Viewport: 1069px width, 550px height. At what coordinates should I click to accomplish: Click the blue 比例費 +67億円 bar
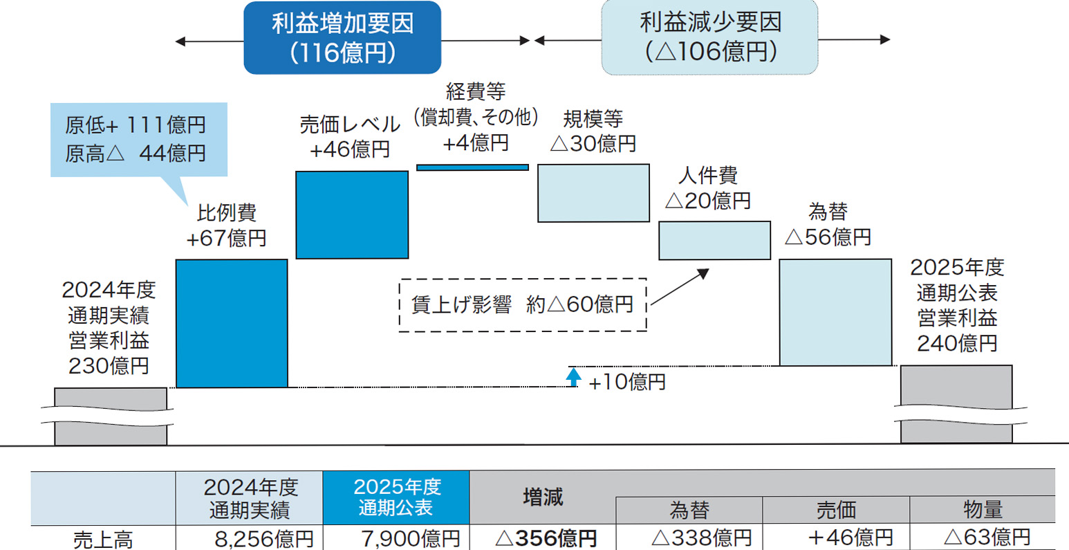coord(232,323)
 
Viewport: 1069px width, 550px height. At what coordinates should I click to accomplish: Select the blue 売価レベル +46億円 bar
coord(352,215)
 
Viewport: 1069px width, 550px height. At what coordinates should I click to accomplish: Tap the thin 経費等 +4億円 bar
coord(472,167)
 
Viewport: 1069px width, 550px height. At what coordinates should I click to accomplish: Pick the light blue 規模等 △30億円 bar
coord(593,193)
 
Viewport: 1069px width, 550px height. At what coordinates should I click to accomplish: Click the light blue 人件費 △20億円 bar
coord(714,240)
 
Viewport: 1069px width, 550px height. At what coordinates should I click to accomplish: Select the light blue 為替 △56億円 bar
coord(835,312)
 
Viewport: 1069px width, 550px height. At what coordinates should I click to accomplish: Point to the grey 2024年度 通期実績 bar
coord(111,416)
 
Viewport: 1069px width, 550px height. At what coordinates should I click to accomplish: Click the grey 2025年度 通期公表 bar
coord(956,404)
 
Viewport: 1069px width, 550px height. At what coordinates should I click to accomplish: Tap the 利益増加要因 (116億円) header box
coord(342,38)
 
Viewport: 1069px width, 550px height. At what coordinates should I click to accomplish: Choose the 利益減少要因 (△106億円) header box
coord(709,37)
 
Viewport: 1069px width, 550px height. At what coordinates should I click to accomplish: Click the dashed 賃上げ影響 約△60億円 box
coord(523,305)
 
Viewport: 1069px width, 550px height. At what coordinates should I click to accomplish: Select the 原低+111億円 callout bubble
coord(138,139)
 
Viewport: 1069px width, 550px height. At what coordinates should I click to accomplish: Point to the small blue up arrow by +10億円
coord(574,377)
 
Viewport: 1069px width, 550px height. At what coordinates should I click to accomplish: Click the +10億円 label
coord(626,382)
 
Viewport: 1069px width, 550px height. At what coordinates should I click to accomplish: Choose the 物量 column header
coord(983,510)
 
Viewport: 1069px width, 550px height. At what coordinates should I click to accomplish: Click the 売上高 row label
coord(103,539)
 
